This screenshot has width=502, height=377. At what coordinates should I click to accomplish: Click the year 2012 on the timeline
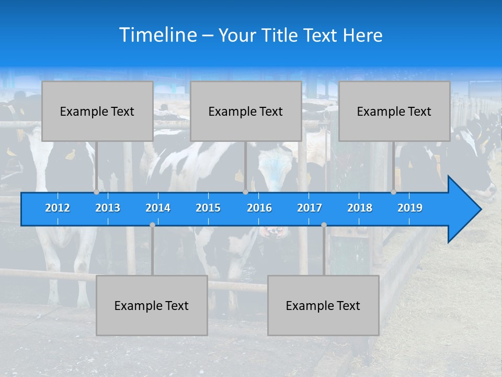tap(58, 208)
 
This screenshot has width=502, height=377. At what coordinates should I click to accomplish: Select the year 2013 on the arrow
tap(108, 208)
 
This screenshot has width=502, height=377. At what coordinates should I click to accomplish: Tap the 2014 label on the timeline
tap(158, 208)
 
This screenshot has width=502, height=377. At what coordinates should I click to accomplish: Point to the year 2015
tap(208, 208)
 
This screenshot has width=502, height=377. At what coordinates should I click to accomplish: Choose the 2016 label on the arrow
tap(259, 208)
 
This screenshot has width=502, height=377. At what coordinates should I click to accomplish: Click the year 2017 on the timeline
tap(310, 208)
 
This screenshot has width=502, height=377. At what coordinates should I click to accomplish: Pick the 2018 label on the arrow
tap(360, 208)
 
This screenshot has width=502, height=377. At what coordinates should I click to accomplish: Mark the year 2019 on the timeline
tap(410, 208)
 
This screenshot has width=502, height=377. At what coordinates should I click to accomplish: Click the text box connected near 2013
tap(97, 111)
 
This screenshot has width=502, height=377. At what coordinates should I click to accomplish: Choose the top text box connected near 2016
tap(246, 111)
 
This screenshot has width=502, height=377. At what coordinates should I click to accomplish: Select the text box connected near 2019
tap(394, 111)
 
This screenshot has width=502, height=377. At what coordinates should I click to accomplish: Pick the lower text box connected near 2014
tap(152, 305)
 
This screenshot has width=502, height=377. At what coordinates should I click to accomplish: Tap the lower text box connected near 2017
tap(323, 305)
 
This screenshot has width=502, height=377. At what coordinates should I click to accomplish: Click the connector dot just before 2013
tap(97, 192)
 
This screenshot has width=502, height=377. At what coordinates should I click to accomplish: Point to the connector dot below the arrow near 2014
tap(152, 225)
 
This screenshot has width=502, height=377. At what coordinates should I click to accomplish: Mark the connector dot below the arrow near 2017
tap(324, 225)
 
